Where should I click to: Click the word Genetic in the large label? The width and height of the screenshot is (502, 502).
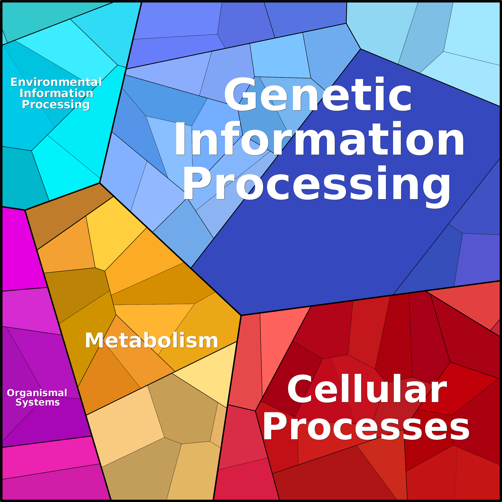click(318, 94)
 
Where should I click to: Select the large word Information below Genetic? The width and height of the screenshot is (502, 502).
click(319, 138)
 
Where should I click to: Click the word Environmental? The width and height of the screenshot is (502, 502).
click(56, 82)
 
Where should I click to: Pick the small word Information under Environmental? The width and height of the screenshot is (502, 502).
click(56, 93)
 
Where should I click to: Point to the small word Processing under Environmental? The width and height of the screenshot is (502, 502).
click(56, 105)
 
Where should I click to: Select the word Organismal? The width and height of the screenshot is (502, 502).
click(37, 393)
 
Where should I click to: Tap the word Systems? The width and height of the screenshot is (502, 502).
click(38, 402)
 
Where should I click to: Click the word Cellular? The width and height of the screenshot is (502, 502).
click(367, 389)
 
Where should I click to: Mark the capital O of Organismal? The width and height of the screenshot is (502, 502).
click(11, 393)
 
